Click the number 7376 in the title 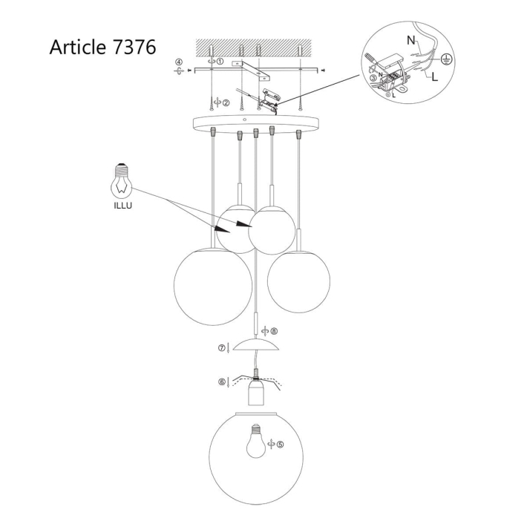tap(131, 47)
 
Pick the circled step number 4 tap(178, 62)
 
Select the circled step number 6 tap(222, 382)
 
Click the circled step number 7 tap(221, 347)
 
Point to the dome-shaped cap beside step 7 tap(255, 346)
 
